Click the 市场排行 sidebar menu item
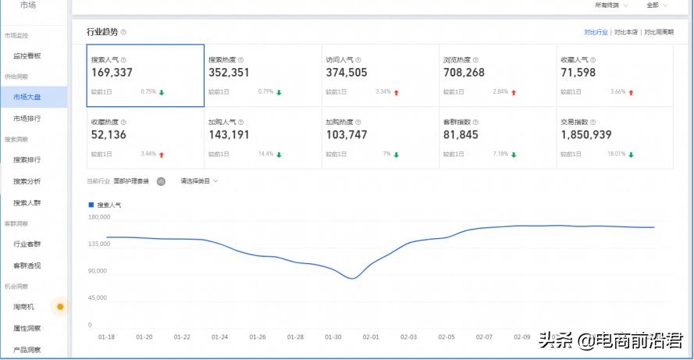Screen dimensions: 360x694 pyautogui.click(x=27, y=119)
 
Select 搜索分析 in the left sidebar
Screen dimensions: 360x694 pyautogui.click(x=27, y=181)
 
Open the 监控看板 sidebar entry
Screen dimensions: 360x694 pyautogui.click(x=27, y=56)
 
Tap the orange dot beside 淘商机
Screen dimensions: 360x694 pyautogui.click(x=60, y=306)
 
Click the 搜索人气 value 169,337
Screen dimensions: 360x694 pyautogui.click(x=112, y=73)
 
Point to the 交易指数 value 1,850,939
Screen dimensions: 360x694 pyautogui.click(x=585, y=134)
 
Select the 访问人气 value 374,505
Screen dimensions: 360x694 pyautogui.click(x=346, y=73)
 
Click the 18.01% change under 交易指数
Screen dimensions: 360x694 pyautogui.click(x=616, y=154)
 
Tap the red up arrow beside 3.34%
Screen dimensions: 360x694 pyautogui.click(x=397, y=92)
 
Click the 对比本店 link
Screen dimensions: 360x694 pyautogui.click(x=626, y=32)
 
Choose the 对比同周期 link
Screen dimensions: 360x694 pyautogui.click(x=657, y=32)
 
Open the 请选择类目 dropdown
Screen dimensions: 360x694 pyautogui.click(x=199, y=181)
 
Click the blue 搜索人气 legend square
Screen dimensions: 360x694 pyautogui.click(x=91, y=205)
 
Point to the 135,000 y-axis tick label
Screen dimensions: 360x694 pyautogui.click(x=98, y=244)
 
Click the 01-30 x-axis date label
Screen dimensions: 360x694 pyautogui.click(x=333, y=337)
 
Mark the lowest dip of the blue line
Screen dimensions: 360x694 pyautogui.click(x=353, y=278)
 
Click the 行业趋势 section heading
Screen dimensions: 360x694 pyautogui.click(x=102, y=32)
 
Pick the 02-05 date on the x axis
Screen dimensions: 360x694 pyautogui.click(x=447, y=337)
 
